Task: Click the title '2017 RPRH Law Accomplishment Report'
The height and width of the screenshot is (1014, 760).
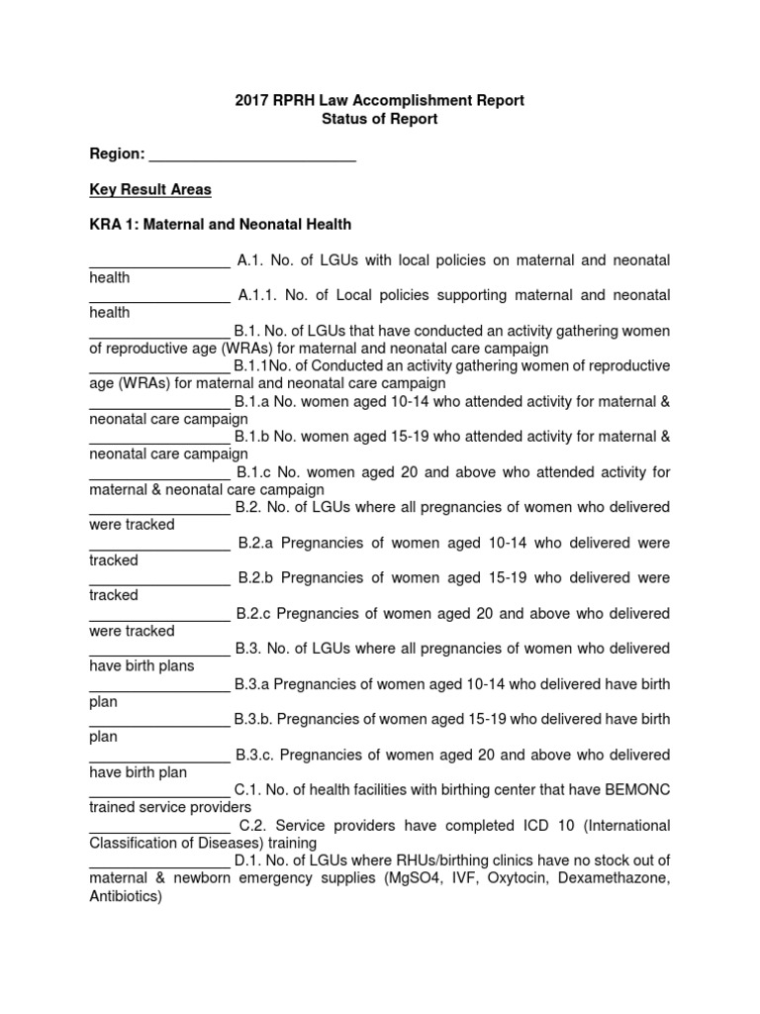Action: tap(380, 100)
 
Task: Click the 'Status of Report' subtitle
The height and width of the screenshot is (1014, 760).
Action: tap(380, 119)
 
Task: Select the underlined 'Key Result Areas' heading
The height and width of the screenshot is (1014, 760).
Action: tap(150, 189)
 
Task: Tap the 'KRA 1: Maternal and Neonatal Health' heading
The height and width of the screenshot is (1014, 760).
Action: tap(220, 225)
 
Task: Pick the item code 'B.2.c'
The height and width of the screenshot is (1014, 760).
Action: tap(254, 613)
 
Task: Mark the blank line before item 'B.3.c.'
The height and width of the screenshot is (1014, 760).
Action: tap(159, 756)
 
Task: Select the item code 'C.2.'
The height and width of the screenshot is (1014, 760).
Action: tap(255, 825)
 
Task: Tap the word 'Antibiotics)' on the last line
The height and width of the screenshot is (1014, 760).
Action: tap(125, 896)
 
